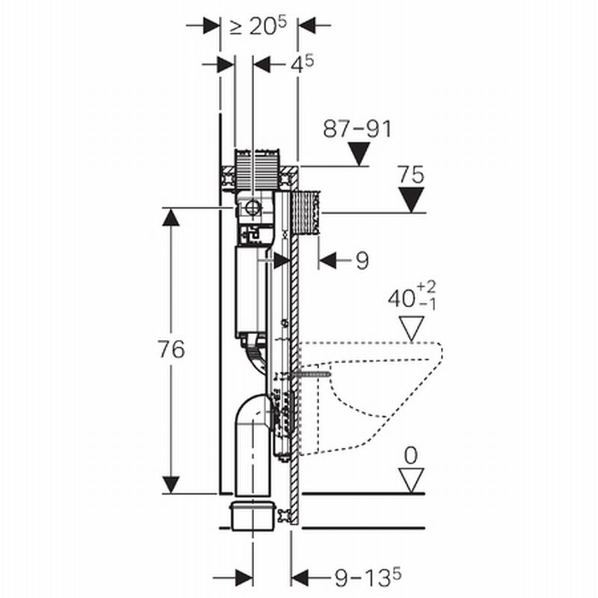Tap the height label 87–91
point(357,129)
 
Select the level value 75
point(411,176)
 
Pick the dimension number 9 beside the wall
point(362,260)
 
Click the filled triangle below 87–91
point(360,155)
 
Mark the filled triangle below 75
point(411,200)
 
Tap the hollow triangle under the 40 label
point(411,327)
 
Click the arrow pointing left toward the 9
point(327,260)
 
